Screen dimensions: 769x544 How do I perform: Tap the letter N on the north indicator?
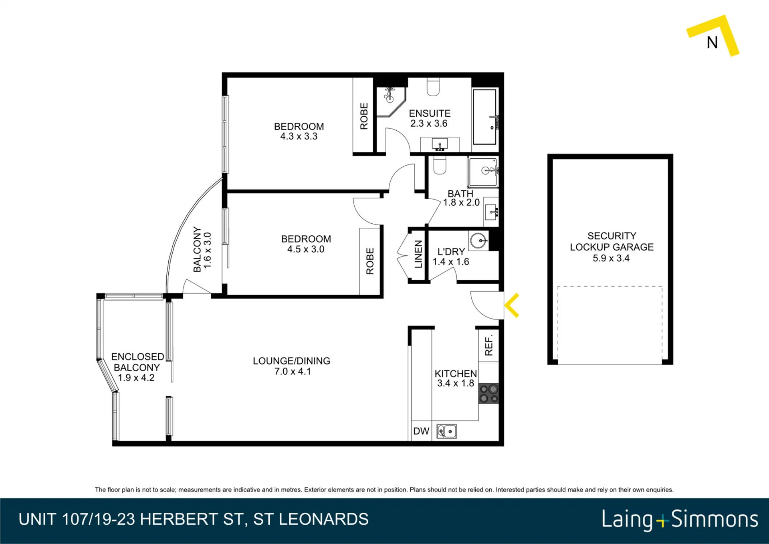[712, 42]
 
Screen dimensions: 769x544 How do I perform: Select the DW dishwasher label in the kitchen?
[421, 431]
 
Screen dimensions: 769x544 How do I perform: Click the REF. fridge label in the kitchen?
[488, 346]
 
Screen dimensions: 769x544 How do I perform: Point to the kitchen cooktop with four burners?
[489, 393]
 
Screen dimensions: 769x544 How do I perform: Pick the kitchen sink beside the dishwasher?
[446, 431]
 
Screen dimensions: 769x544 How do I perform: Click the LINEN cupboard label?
[418, 254]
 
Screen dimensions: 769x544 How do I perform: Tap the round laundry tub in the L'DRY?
[478, 241]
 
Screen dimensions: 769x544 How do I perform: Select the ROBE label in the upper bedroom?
[364, 116]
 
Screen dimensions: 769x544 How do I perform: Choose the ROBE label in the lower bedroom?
[370, 261]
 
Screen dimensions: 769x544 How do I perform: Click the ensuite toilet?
[433, 87]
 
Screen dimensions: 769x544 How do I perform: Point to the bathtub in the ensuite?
[485, 117]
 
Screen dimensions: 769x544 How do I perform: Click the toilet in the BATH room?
[440, 165]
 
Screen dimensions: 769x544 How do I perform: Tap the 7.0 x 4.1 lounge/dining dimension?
[293, 372]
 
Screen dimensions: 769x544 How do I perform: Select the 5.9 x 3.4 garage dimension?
[611, 258]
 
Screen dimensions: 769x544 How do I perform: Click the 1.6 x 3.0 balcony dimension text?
[207, 250]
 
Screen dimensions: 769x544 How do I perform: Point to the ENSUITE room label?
[430, 113]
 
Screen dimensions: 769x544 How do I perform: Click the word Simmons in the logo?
[715, 520]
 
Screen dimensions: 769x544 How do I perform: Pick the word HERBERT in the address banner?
[179, 519]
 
